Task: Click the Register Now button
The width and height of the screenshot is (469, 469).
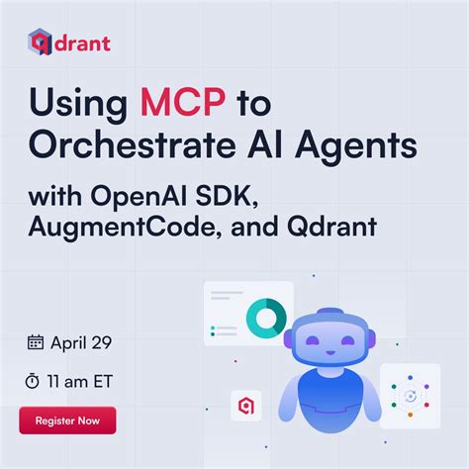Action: pyautogui.click(x=67, y=420)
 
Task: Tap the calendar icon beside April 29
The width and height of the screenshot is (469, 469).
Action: pyautogui.click(x=36, y=342)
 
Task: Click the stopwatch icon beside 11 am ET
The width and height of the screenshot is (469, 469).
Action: pyautogui.click(x=36, y=379)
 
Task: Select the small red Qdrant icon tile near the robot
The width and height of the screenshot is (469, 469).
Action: pyautogui.click(x=245, y=405)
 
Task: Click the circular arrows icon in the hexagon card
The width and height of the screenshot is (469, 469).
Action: pyautogui.click(x=409, y=397)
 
